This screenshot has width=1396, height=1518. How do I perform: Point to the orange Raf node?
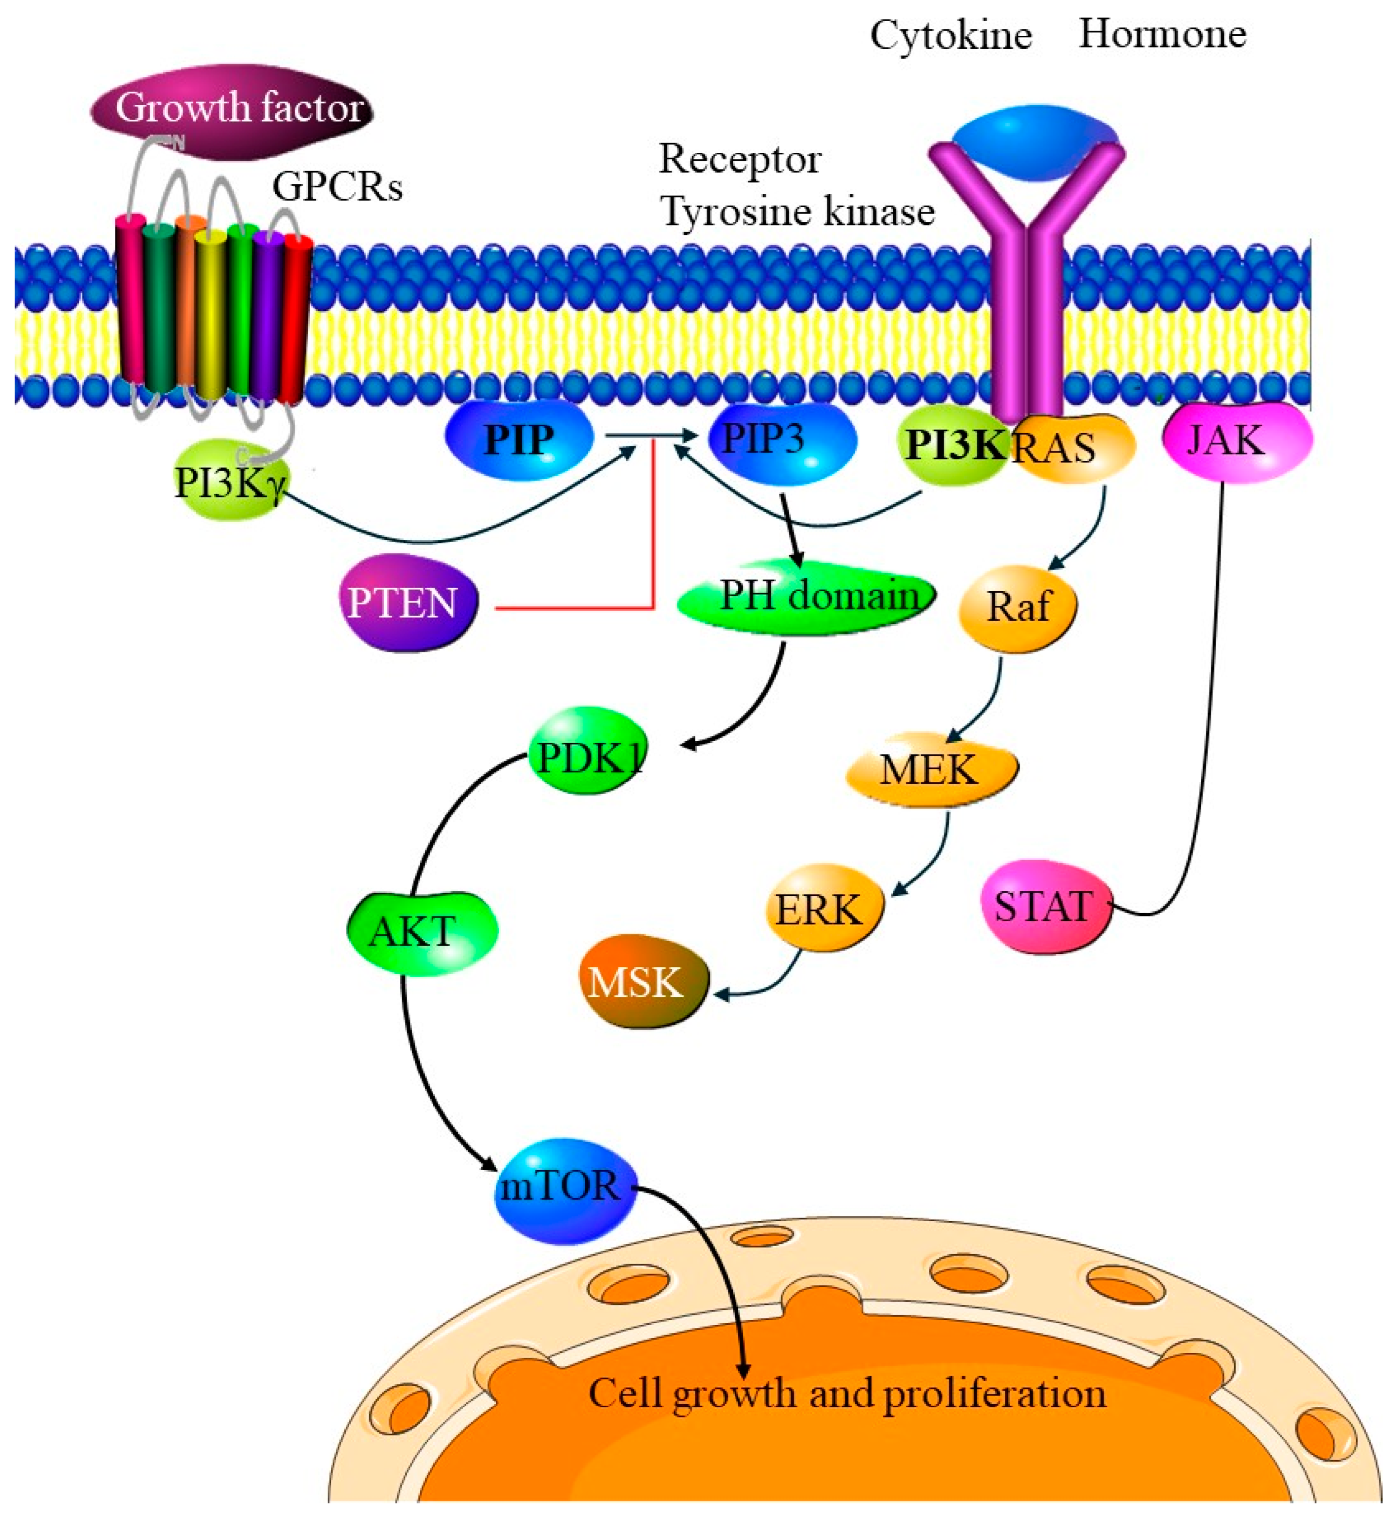pos(1018,606)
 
